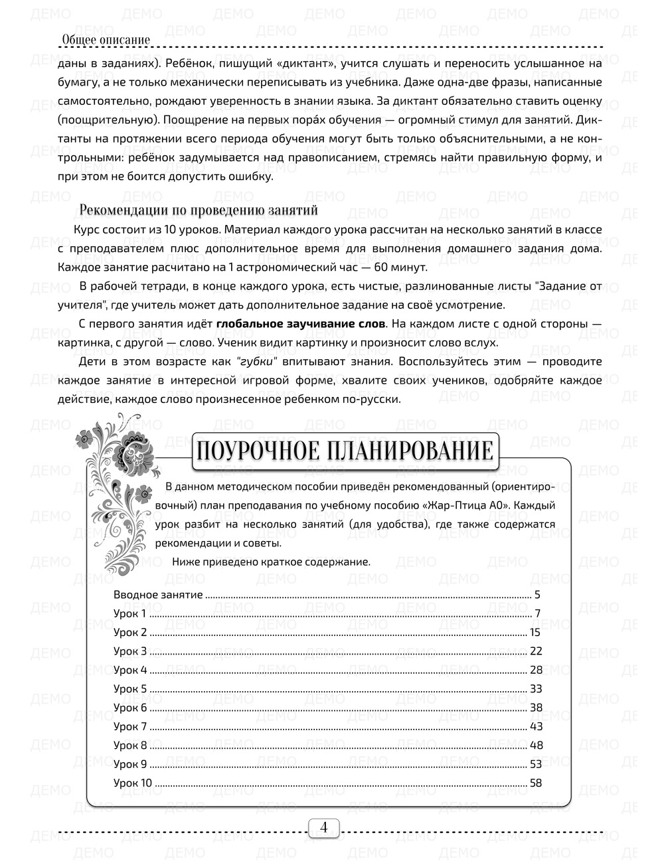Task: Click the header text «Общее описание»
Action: tap(106, 40)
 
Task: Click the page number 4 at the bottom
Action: tap(324, 828)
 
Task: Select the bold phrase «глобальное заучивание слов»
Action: tap(300, 325)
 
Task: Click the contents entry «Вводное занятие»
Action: tap(158, 595)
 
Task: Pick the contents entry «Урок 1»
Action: tap(129, 613)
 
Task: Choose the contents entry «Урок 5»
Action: tap(130, 689)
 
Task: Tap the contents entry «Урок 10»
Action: tap(133, 783)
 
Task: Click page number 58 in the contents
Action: tap(536, 783)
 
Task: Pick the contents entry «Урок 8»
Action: tap(130, 745)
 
